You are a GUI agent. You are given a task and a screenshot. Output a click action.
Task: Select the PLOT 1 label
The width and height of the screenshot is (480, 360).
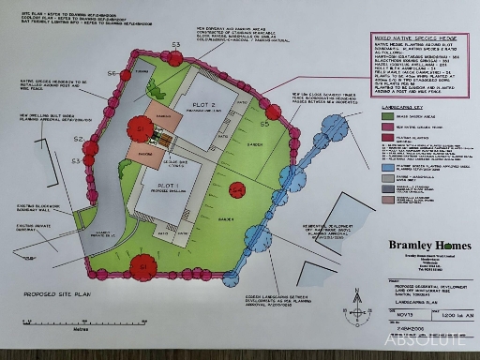point(168,187)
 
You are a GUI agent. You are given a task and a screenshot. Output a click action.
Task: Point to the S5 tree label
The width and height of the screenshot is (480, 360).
point(265,124)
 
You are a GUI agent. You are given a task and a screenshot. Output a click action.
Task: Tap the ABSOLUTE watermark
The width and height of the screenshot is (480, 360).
point(423,341)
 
